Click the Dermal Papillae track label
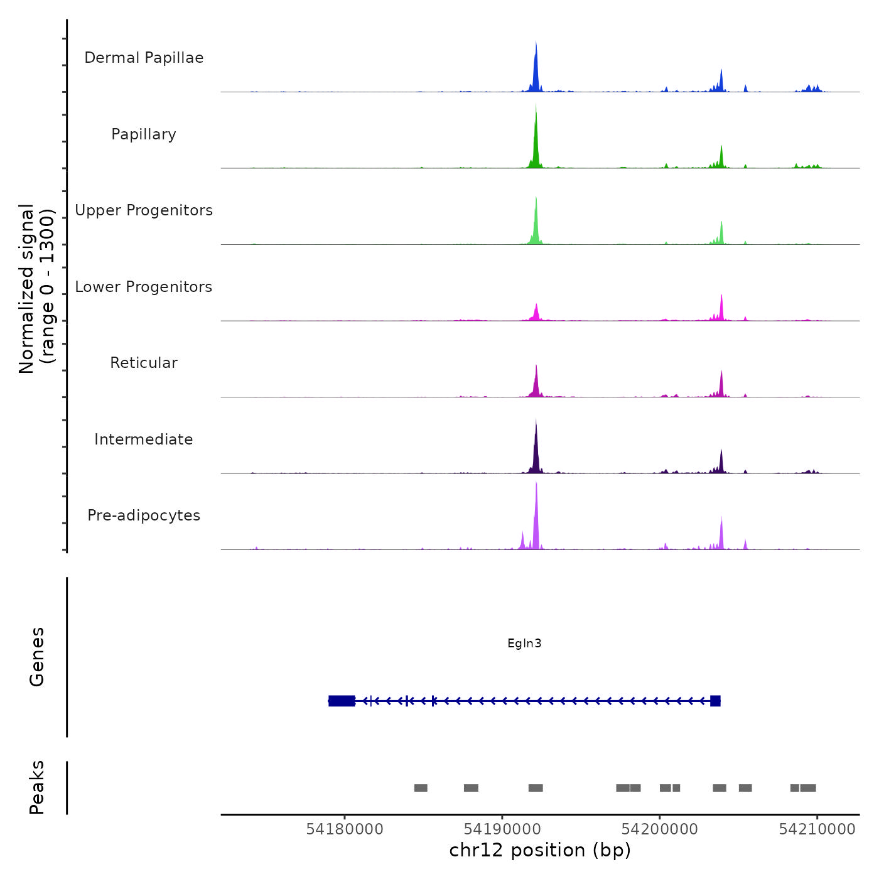pos(144,58)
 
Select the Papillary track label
pos(144,134)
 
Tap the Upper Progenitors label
pos(144,210)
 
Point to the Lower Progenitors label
pos(144,287)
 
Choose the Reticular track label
pos(144,363)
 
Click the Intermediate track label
pos(144,439)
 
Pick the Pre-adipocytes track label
pos(144,515)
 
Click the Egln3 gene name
pos(524,644)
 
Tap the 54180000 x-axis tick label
pos(345,829)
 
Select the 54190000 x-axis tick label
pos(502,829)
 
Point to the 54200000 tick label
pos(660,829)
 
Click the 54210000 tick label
pos(817,829)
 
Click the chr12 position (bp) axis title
pos(540,850)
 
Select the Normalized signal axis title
pos(36,289)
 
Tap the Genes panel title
pos(37,657)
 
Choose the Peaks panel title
pos(37,787)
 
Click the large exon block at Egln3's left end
pos(342,701)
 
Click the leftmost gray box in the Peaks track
pos(421,788)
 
